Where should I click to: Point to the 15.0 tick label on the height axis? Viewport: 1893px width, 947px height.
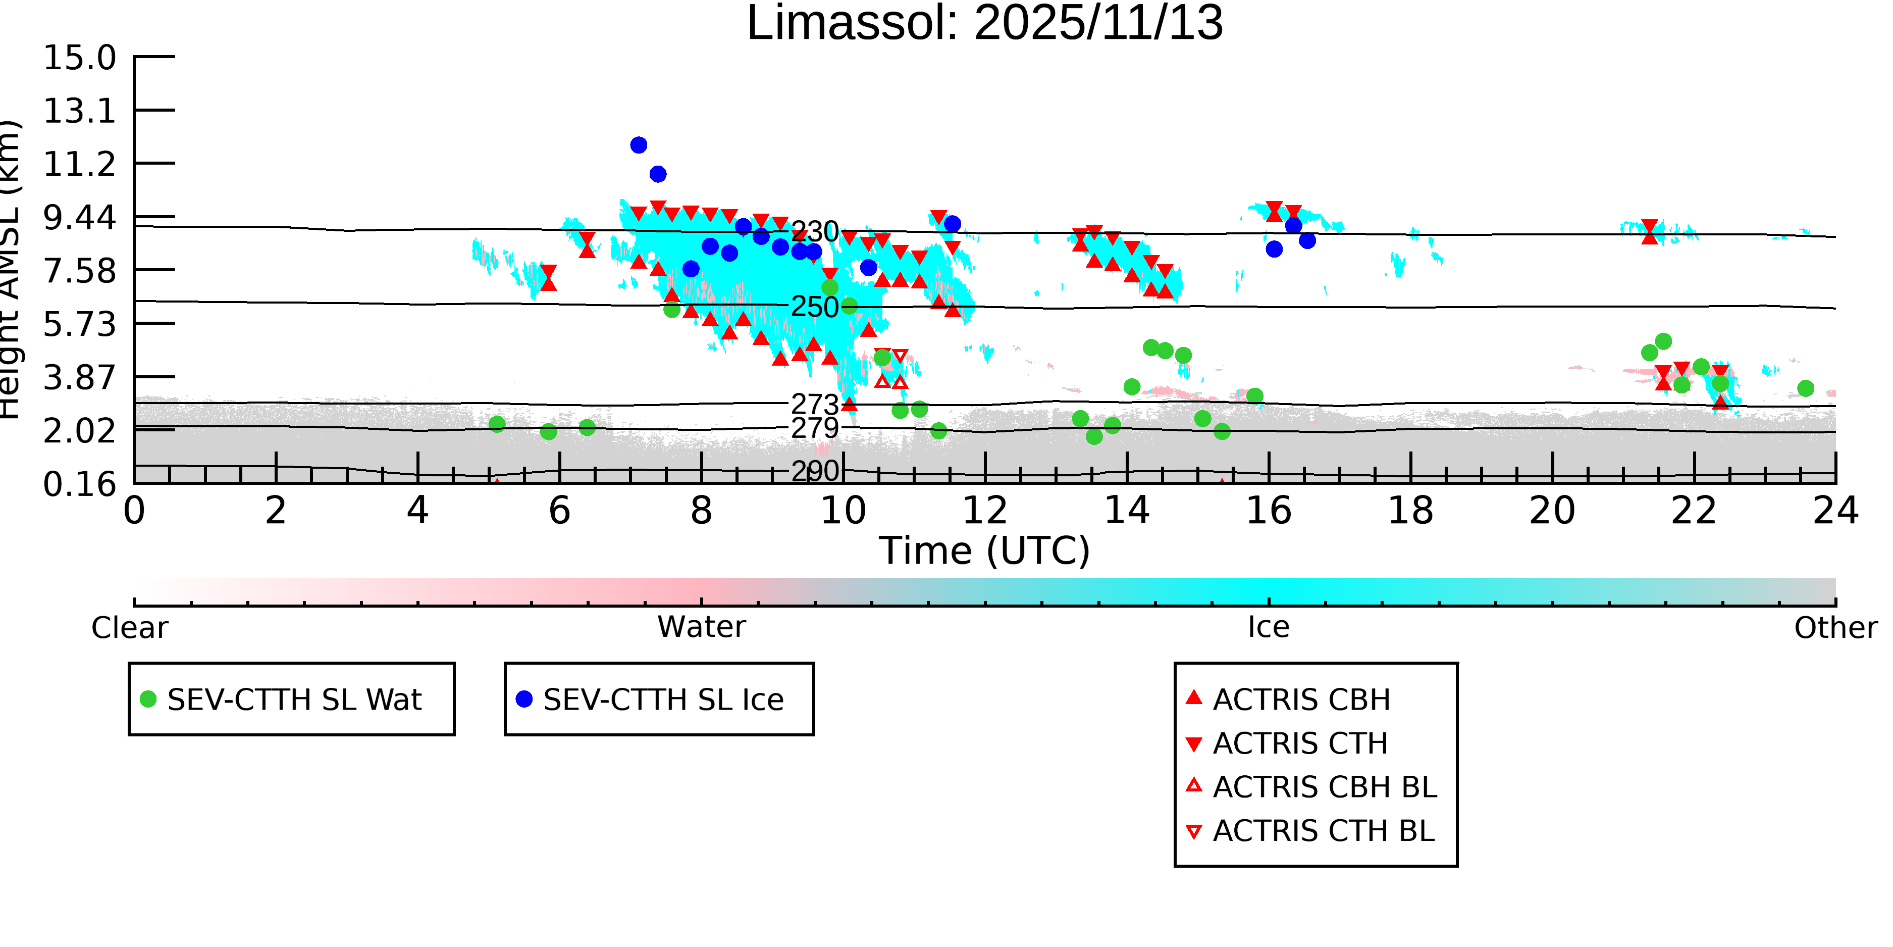click(79, 58)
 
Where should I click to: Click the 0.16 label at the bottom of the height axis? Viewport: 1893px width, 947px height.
click(79, 484)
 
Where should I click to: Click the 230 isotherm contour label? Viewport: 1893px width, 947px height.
click(814, 232)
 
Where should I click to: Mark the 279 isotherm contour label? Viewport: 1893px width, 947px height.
click(814, 428)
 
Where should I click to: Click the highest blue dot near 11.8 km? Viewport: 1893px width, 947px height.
click(639, 145)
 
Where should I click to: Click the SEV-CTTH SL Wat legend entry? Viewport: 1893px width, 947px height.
click(292, 699)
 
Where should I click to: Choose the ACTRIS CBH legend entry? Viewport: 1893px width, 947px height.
click(1301, 699)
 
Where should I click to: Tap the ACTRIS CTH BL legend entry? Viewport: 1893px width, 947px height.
click(1323, 831)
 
